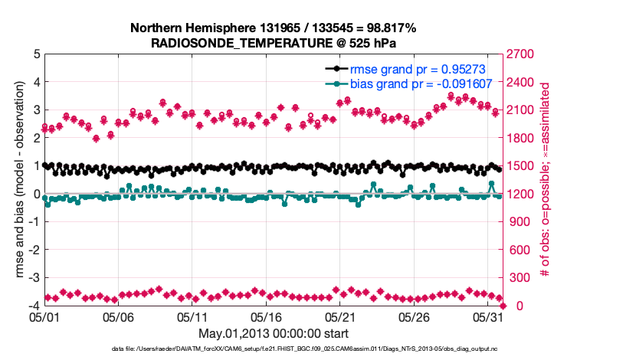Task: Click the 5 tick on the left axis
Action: pyautogui.click(x=37, y=54)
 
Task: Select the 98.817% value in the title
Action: pyautogui.click(x=388, y=28)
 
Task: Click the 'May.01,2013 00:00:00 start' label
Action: pyautogui.click(x=274, y=333)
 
